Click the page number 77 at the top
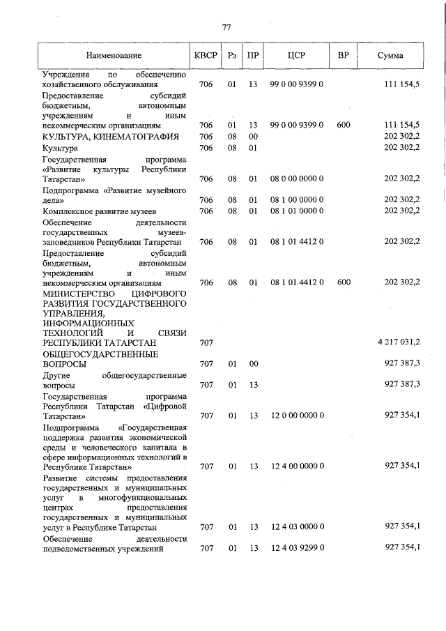226,27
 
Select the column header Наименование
114,55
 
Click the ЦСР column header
297,55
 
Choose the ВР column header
343,55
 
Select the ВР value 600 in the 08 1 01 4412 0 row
343,282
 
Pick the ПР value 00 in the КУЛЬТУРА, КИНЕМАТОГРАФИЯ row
253,137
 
